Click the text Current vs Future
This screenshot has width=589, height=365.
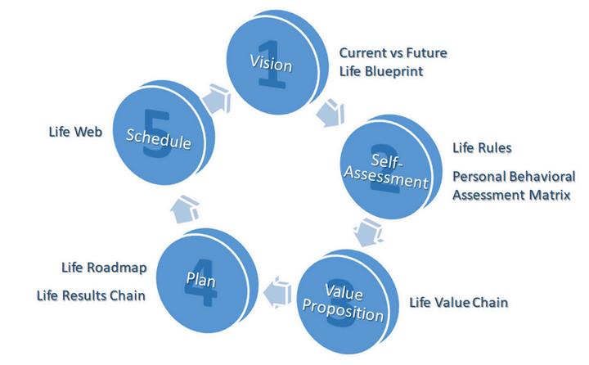[393, 53]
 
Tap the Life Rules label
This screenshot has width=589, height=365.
[482, 148]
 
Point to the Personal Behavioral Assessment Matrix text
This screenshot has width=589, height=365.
[513, 186]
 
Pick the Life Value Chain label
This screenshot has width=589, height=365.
[458, 303]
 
